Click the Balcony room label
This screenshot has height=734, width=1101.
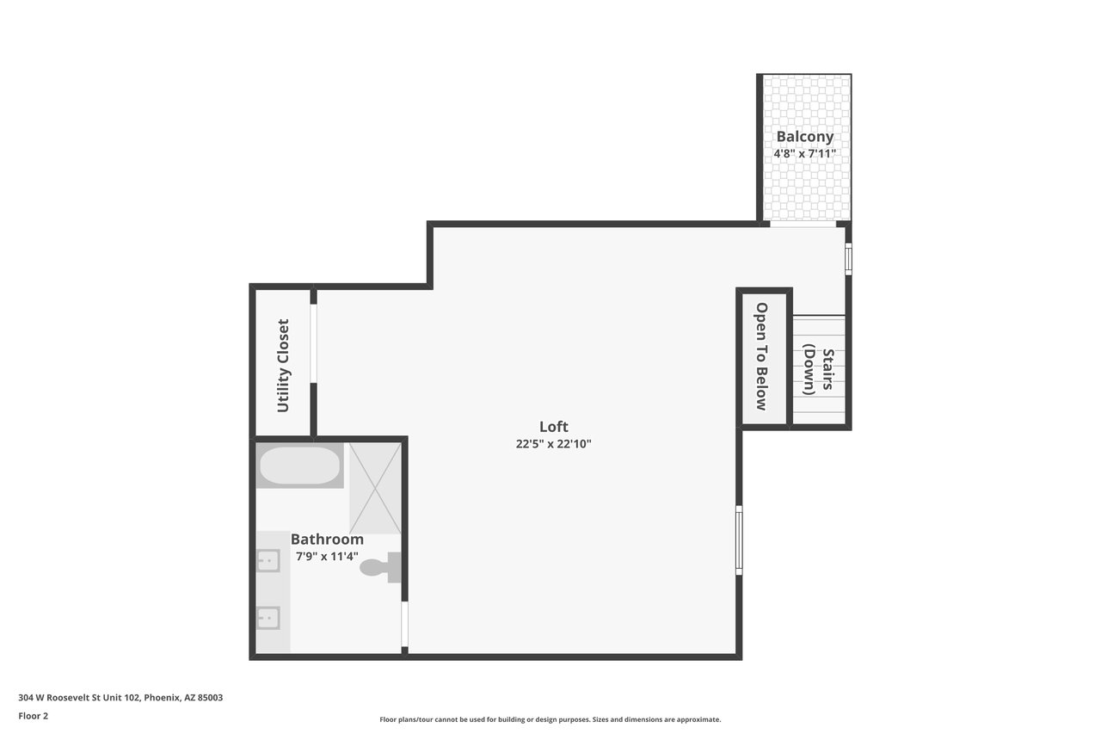click(804, 137)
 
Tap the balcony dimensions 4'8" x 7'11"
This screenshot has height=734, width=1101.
click(804, 154)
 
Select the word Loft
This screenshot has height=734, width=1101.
click(553, 426)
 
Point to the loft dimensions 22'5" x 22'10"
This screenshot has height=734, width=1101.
click(553, 444)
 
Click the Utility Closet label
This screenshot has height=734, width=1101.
click(283, 366)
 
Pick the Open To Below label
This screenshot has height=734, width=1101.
click(761, 356)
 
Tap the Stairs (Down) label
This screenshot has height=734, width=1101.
click(818, 369)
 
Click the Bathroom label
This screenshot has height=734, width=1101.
click(327, 539)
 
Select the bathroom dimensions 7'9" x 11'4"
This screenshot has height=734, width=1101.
click(327, 557)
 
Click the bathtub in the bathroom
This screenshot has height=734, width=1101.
click(300, 465)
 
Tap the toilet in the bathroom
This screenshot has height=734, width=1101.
click(380, 567)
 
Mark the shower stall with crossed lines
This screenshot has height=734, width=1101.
click(375, 488)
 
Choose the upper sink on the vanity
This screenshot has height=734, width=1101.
click(268, 560)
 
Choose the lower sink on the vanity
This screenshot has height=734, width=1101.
click(268, 618)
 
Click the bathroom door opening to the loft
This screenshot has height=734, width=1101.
click(404, 624)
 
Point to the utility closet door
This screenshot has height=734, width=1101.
click(313, 343)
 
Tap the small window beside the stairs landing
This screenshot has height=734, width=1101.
click(848, 259)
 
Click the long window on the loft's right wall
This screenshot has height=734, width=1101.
click(739, 540)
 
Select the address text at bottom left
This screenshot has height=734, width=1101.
click(120, 698)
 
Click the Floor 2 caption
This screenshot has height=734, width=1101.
click(34, 716)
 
